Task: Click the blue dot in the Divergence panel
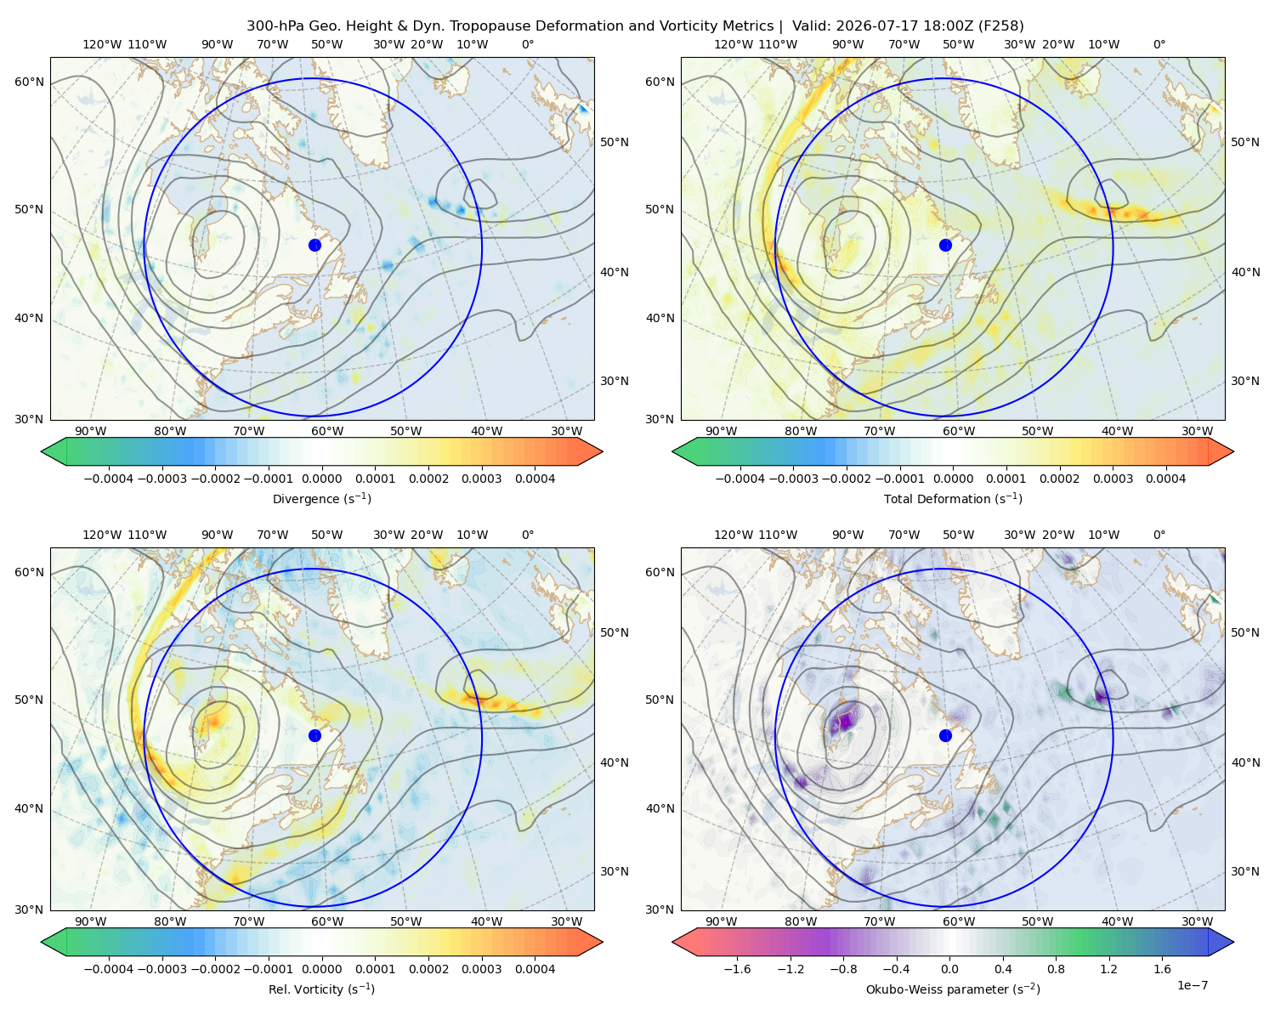(314, 245)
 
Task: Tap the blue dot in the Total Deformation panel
(945, 245)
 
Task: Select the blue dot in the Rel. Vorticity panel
(314, 735)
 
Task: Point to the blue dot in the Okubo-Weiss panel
(945, 735)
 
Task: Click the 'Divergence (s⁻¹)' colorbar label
(321, 498)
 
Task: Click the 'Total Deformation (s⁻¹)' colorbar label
(953, 498)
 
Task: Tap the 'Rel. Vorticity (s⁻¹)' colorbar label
(321, 989)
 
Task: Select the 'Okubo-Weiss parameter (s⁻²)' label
(953, 989)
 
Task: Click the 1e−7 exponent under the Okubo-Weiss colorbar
(1192, 985)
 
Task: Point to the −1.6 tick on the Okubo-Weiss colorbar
(737, 968)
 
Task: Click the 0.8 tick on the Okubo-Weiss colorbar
(1056, 968)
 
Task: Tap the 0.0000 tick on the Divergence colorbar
(321, 479)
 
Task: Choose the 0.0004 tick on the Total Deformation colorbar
(1165, 479)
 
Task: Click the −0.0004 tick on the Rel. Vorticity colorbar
(109, 968)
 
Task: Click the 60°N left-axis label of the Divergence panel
(29, 82)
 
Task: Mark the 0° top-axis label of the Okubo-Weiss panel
(1159, 535)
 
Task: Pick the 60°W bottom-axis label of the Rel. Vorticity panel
(327, 921)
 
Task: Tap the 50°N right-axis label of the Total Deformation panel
(1244, 142)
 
